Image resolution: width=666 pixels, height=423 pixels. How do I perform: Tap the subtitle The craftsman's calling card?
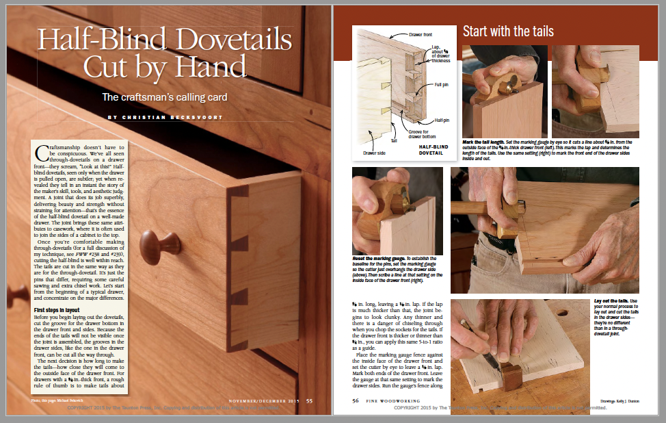165,97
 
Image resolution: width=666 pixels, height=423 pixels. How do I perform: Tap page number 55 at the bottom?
310,401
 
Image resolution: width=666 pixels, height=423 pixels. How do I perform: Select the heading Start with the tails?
508,31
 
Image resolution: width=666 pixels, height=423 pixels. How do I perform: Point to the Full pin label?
442,86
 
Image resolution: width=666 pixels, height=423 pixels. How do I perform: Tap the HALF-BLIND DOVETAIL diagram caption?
434,150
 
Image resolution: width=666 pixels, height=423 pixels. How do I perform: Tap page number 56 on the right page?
356,401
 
